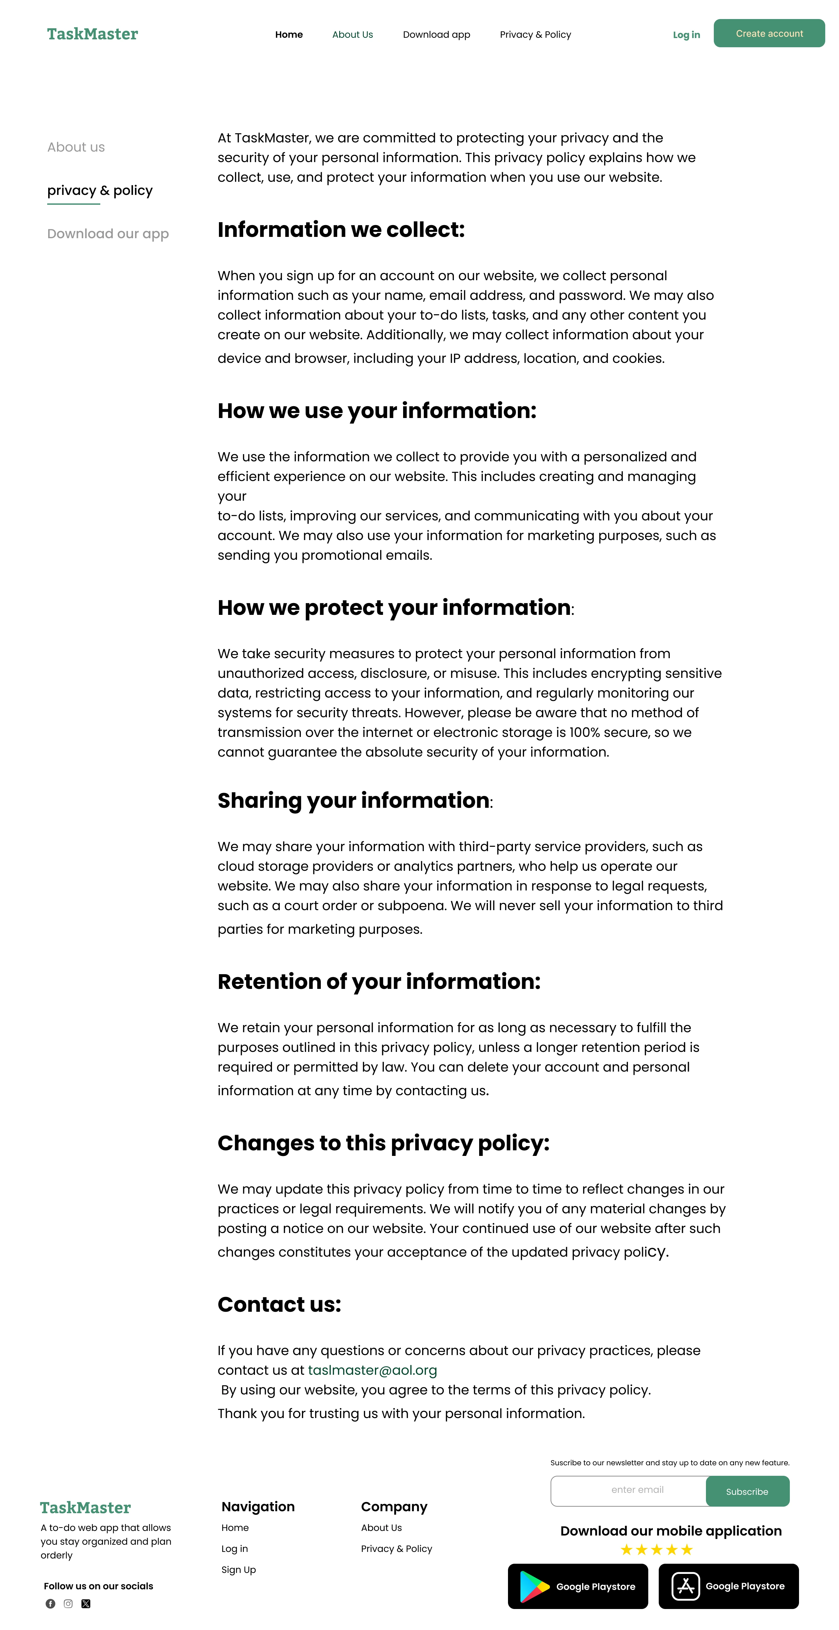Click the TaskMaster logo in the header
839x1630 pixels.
point(92,34)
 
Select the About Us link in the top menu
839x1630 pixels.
point(352,35)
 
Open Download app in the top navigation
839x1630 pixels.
point(436,35)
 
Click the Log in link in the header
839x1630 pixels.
point(686,35)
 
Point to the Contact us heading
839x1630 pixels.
point(279,1304)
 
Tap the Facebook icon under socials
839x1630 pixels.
point(50,1603)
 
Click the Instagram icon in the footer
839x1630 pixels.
point(68,1603)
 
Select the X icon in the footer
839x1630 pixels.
point(86,1603)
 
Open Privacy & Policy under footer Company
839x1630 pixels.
point(397,1548)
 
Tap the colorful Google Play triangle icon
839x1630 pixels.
point(534,1586)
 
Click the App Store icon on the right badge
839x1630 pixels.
point(685,1586)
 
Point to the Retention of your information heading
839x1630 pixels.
point(379,981)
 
